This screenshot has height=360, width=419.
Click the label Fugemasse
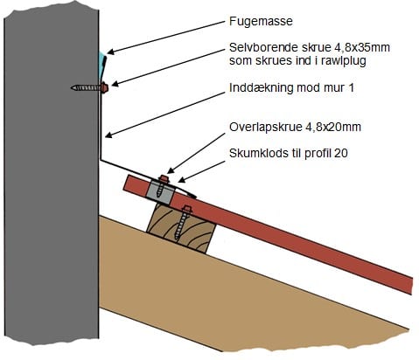click(261, 22)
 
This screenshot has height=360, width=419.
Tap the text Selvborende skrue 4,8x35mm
click(310, 47)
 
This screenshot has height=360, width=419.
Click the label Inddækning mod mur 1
click(291, 87)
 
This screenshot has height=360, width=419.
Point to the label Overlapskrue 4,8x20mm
click(295, 127)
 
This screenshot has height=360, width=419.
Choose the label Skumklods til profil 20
click(289, 153)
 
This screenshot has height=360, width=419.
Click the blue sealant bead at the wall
click(101, 66)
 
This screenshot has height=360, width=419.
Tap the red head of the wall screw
click(104, 87)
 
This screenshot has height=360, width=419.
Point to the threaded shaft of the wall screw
click(86, 87)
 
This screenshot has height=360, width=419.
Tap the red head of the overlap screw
click(164, 178)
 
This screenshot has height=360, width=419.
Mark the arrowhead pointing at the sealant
click(110, 52)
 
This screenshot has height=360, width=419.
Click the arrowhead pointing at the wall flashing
click(108, 135)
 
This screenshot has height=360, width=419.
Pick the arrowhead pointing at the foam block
click(181, 180)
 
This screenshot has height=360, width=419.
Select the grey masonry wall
click(52, 175)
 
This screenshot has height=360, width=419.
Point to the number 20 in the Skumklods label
click(341, 153)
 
